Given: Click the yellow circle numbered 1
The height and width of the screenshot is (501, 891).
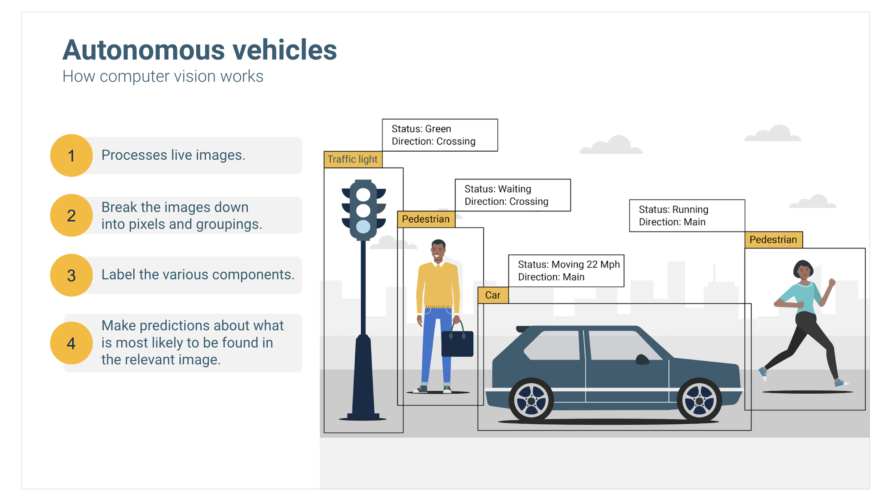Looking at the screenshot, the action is pos(71,155).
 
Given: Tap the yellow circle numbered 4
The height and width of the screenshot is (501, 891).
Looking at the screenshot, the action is pos(71,343).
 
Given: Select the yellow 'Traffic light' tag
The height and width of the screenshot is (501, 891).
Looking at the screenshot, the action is pos(352,159).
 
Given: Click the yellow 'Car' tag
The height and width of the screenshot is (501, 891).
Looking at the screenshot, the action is pos(493,295).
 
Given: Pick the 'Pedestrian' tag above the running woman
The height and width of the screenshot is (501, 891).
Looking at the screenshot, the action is pos(773,240).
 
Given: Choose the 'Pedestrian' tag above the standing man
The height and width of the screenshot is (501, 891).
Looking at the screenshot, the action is pos(426,219).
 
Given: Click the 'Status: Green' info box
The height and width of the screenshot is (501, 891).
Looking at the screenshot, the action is pos(440,135).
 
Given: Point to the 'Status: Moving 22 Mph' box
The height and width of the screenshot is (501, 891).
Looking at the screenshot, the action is pos(566,271).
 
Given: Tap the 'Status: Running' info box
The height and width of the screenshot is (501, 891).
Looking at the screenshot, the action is pos(687,216).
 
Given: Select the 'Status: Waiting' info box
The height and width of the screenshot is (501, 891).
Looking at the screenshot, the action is pos(513,195).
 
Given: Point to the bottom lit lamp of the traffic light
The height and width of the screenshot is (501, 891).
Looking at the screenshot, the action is pos(363,226).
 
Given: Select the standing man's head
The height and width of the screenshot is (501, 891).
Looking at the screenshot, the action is pos(438,250).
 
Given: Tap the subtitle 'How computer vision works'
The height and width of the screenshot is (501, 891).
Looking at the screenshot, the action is pos(163,76).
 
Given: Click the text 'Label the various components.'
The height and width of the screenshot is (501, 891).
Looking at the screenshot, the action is pos(198,275).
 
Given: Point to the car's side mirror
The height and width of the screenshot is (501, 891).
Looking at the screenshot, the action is pos(642,359).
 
